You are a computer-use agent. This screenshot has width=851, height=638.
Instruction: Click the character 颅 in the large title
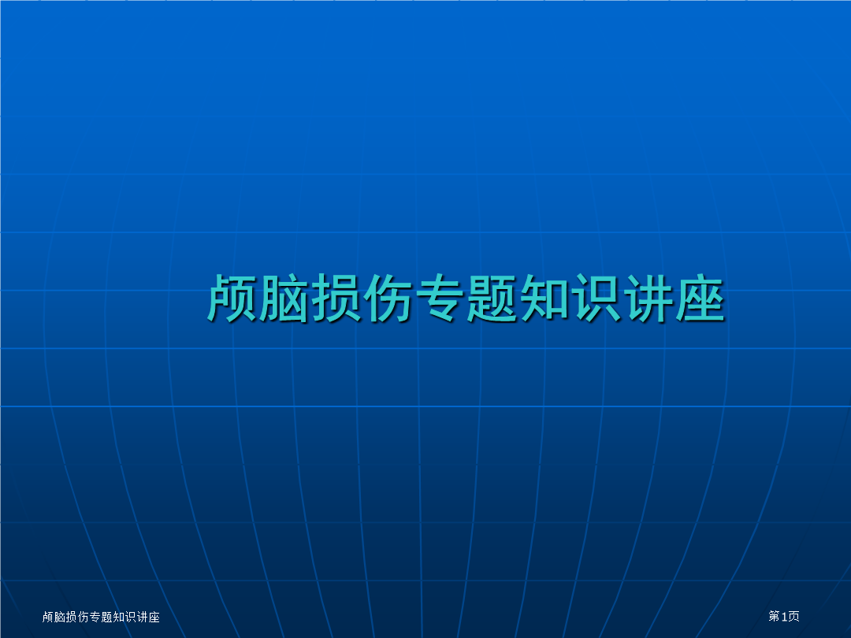[x=232, y=298]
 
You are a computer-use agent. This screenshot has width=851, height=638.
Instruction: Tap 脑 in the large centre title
[x=284, y=298]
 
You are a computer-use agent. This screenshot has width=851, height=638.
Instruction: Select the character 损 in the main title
[x=336, y=298]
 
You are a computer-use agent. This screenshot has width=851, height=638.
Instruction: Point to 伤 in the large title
[x=388, y=298]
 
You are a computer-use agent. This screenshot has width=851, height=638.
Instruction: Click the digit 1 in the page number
[x=784, y=616]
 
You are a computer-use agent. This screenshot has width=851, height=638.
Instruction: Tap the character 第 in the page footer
[x=775, y=616]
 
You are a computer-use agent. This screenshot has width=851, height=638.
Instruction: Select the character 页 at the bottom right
[x=793, y=616]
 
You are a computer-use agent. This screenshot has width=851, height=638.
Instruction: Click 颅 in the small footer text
[x=48, y=617]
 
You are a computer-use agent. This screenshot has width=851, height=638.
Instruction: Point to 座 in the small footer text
[x=154, y=617]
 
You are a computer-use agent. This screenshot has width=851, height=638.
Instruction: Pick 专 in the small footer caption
[x=95, y=617]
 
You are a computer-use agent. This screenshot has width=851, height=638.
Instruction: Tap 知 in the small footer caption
[x=119, y=617]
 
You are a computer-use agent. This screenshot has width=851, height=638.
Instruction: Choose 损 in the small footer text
[x=72, y=617]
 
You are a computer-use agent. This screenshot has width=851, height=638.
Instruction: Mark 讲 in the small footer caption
[x=142, y=617]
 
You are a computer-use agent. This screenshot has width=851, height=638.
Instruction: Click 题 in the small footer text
[x=107, y=617]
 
